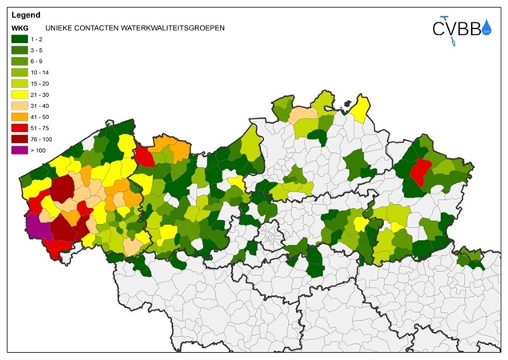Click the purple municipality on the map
[37, 228]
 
